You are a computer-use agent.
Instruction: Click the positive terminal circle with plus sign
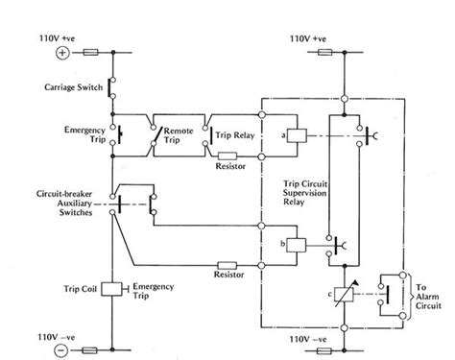pyautogui.click(x=63, y=53)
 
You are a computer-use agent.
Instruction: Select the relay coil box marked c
pyautogui.click(x=336, y=293)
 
